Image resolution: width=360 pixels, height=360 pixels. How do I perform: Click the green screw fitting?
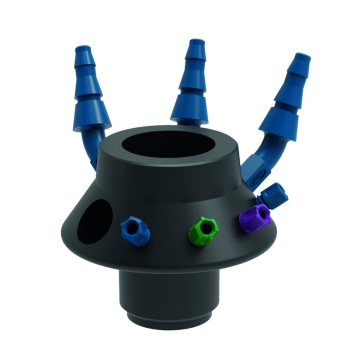point(204,231)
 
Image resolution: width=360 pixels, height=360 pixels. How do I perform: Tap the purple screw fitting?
point(254,217)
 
